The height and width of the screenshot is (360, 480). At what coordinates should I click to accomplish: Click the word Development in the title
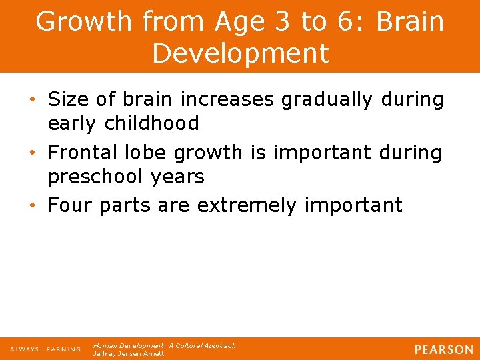point(240,53)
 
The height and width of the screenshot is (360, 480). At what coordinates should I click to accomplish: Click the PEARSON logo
point(443,349)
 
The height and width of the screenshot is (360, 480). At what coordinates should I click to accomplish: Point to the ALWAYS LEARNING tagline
point(45,349)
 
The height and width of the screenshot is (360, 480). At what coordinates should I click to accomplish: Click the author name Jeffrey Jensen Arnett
point(128,354)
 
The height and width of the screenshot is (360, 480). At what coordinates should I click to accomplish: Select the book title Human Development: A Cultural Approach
point(164,346)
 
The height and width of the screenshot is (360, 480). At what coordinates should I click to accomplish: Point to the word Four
point(71,205)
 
